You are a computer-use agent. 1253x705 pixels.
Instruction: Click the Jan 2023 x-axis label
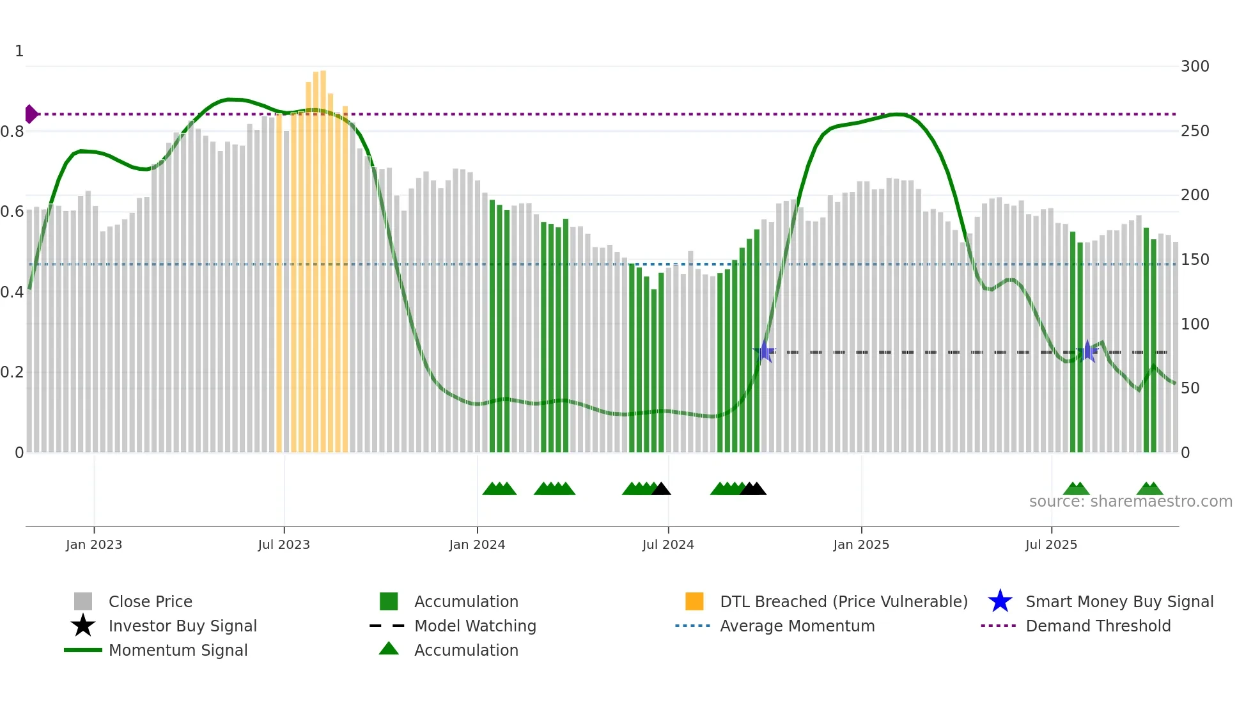(93, 544)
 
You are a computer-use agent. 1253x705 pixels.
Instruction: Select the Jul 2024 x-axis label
(668, 544)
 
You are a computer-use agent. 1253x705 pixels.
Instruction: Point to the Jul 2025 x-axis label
(1051, 544)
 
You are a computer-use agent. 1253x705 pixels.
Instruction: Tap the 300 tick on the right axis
(1195, 67)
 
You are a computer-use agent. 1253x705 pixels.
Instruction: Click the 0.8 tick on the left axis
(12, 132)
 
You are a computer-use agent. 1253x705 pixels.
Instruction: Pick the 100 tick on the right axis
(1195, 324)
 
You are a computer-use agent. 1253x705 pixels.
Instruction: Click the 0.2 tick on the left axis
(12, 372)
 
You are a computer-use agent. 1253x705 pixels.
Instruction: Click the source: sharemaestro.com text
(1130, 502)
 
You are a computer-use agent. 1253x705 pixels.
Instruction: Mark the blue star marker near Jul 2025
(1087, 351)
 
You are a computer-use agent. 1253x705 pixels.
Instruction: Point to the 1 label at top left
(19, 51)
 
